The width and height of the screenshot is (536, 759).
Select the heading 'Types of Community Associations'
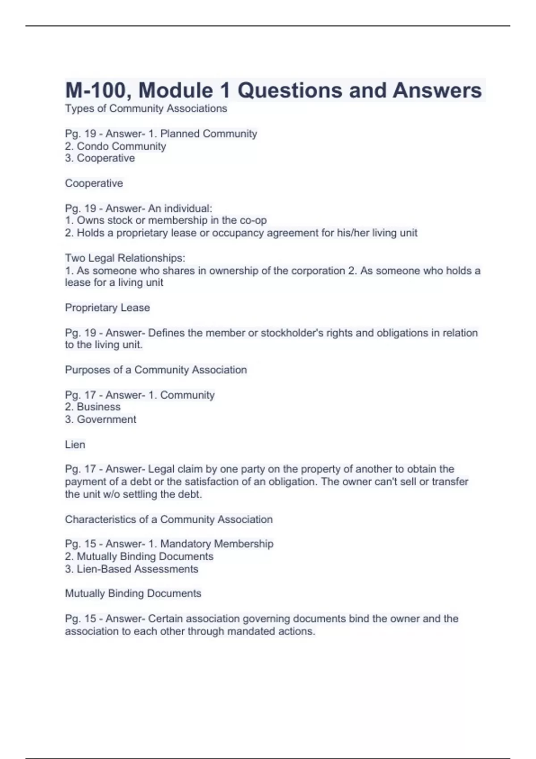(146, 108)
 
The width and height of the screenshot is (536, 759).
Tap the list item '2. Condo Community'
(115, 146)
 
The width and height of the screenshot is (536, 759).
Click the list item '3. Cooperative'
(100, 158)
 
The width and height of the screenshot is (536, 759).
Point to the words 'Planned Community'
(209, 133)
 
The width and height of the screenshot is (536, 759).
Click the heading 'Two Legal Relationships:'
(125, 258)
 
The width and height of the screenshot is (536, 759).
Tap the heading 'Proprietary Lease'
(107, 308)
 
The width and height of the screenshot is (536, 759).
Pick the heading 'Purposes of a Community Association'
(156, 370)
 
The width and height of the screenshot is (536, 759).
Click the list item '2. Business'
(93, 407)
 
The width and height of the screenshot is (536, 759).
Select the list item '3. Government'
(100, 419)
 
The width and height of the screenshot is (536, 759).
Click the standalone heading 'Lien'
(75, 444)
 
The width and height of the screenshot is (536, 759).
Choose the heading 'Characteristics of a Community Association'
(169, 519)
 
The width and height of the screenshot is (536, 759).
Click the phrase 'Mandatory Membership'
(217, 544)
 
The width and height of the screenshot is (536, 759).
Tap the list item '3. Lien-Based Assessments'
(132, 569)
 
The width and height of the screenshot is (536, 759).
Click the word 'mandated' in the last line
(247, 631)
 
